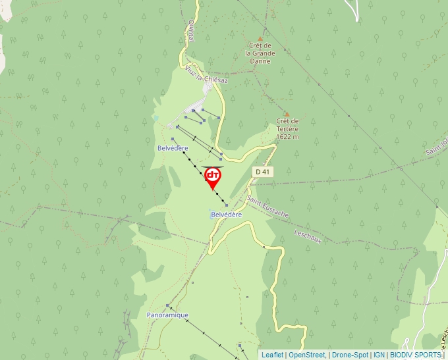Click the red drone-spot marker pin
coord(213,176)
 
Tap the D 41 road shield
coord(262,172)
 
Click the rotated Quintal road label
coord(191,30)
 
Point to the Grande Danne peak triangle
coord(260,39)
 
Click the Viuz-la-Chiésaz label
coord(206,74)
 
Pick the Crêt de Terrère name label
coord(287,124)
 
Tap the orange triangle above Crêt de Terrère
coord(287,114)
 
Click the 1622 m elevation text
coord(287,137)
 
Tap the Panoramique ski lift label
coord(167,315)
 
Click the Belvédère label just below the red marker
coord(227,215)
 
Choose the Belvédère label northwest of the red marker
coord(173,148)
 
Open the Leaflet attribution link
coord(272,355)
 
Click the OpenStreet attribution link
coord(307,355)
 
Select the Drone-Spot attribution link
coord(350,355)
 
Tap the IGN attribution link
coord(379,355)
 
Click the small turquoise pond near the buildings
coord(155,117)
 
